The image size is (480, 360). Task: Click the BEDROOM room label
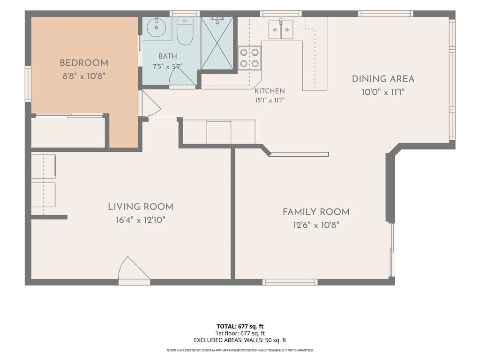click(84, 63)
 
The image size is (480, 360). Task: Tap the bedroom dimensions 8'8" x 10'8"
click(84, 76)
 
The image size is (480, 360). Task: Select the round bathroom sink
click(156, 27)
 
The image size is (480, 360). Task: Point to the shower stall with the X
click(217, 43)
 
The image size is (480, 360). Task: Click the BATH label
click(168, 56)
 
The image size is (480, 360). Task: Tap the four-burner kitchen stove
click(249, 58)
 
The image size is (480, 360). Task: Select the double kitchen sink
click(281, 30)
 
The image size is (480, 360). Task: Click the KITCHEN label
click(270, 91)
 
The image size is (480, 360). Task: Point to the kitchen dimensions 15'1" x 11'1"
click(270, 100)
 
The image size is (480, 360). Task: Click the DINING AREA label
click(383, 79)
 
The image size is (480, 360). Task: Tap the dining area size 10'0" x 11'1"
click(383, 92)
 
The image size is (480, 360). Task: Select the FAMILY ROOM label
click(316, 212)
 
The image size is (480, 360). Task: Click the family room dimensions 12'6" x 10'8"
click(316, 225)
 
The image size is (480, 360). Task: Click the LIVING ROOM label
click(141, 207)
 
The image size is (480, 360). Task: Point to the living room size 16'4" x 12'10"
click(141, 220)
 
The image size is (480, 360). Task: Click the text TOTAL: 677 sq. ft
click(240, 326)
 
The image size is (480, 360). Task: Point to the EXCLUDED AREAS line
click(240, 340)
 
